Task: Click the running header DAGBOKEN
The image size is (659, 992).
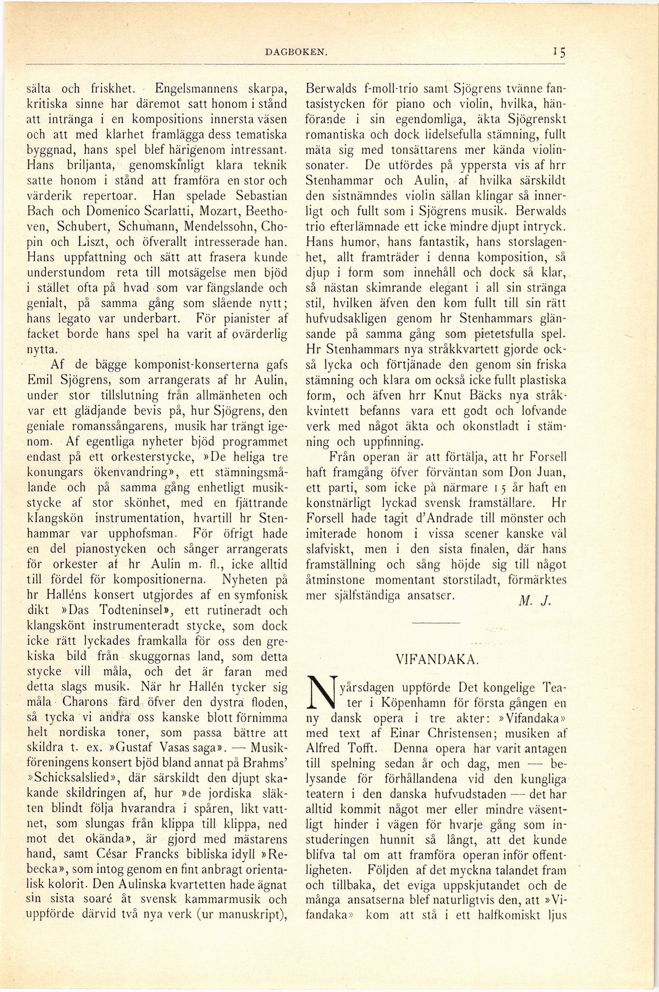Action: click(297, 52)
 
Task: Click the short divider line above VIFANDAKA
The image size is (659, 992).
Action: click(436, 623)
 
